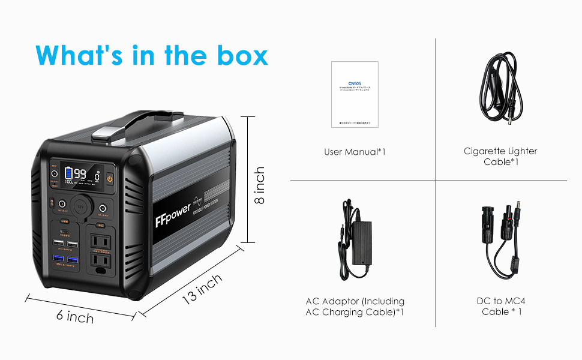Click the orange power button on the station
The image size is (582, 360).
coord(110,178)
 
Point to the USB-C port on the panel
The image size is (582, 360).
coord(65,230)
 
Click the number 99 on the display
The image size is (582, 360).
coord(80,174)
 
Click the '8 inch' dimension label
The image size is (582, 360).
coord(259,185)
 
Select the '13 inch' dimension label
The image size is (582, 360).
coord(201,289)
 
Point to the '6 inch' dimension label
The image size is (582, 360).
coord(75,316)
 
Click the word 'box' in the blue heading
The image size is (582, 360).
coord(240,55)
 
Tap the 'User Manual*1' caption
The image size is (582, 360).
coord(355,152)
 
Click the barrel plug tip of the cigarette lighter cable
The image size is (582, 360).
coord(512,123)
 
